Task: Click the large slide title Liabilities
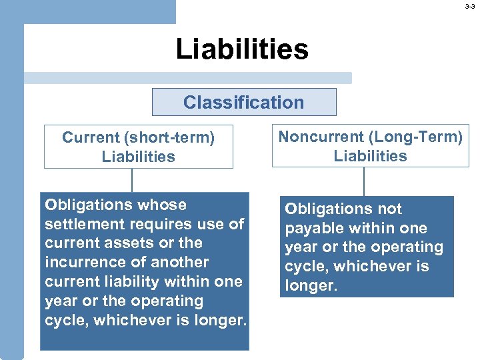point(242,49)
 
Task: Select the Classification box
point(243,102)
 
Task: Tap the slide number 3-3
point(470,6)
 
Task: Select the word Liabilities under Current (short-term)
point(138,157)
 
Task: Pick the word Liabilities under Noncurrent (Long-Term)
point(370,156)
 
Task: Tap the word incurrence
point(81,262)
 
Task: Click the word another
point(180,262)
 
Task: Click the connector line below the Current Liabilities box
point(132,180)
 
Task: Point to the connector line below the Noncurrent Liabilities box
point(364,181)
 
